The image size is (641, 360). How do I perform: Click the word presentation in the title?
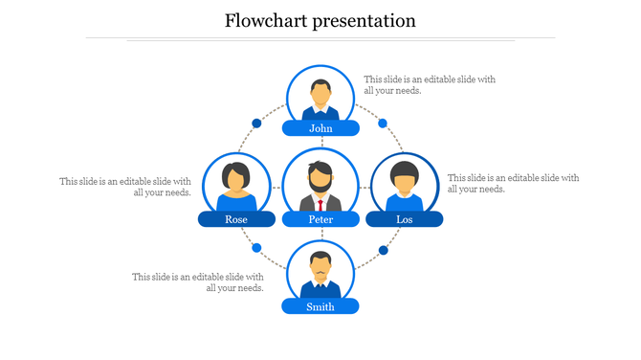(365, 21)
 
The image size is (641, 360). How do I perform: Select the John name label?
(320, 128)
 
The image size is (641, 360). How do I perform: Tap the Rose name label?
(236, 219)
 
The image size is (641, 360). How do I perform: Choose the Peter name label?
(320, 219)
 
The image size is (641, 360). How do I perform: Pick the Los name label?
(405, 219)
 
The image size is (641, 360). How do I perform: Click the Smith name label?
(320, 306)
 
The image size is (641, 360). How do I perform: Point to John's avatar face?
(320, 93)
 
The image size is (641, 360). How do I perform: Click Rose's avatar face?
(236, 178)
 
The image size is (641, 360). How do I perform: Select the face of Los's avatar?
(405, 179)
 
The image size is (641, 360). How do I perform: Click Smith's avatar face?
(320, 265)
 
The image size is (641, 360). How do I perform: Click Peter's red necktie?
(320, 205)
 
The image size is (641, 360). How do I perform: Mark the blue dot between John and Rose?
(256, 124)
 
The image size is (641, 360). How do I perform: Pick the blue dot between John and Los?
(383, 124)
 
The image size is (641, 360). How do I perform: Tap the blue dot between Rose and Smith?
(256, 249)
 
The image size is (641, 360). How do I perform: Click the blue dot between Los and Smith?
(383, 251)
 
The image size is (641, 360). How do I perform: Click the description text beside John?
(430, 85)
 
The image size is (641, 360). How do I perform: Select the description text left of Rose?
(125, 187)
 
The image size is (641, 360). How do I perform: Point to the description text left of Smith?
(198, 282)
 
